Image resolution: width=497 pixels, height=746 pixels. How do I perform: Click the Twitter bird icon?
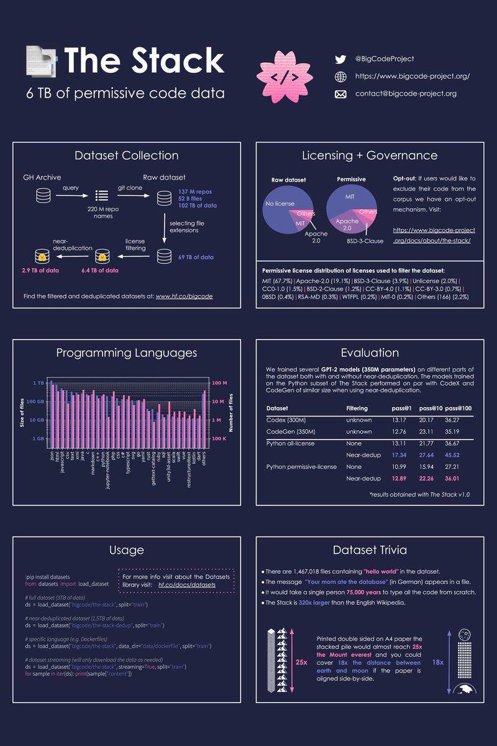pyautogui.click(x=340, y=60)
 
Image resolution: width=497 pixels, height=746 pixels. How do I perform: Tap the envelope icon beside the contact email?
pyautogui.click(x=340, y=94)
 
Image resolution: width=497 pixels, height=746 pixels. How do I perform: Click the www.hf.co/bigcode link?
pyautogui.click(x=184, y=297)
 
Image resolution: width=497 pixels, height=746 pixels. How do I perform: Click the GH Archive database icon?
pyautogui.click(x=43, y=196)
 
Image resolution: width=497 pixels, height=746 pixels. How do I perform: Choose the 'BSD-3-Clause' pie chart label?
pyautogui.click(x=365, y=240)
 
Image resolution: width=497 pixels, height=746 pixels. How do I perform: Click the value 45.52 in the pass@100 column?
pyautogui.click(x=453, y=455)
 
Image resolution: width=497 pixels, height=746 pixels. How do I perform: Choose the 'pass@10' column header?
pyautogui.click(x=431, y=408)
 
